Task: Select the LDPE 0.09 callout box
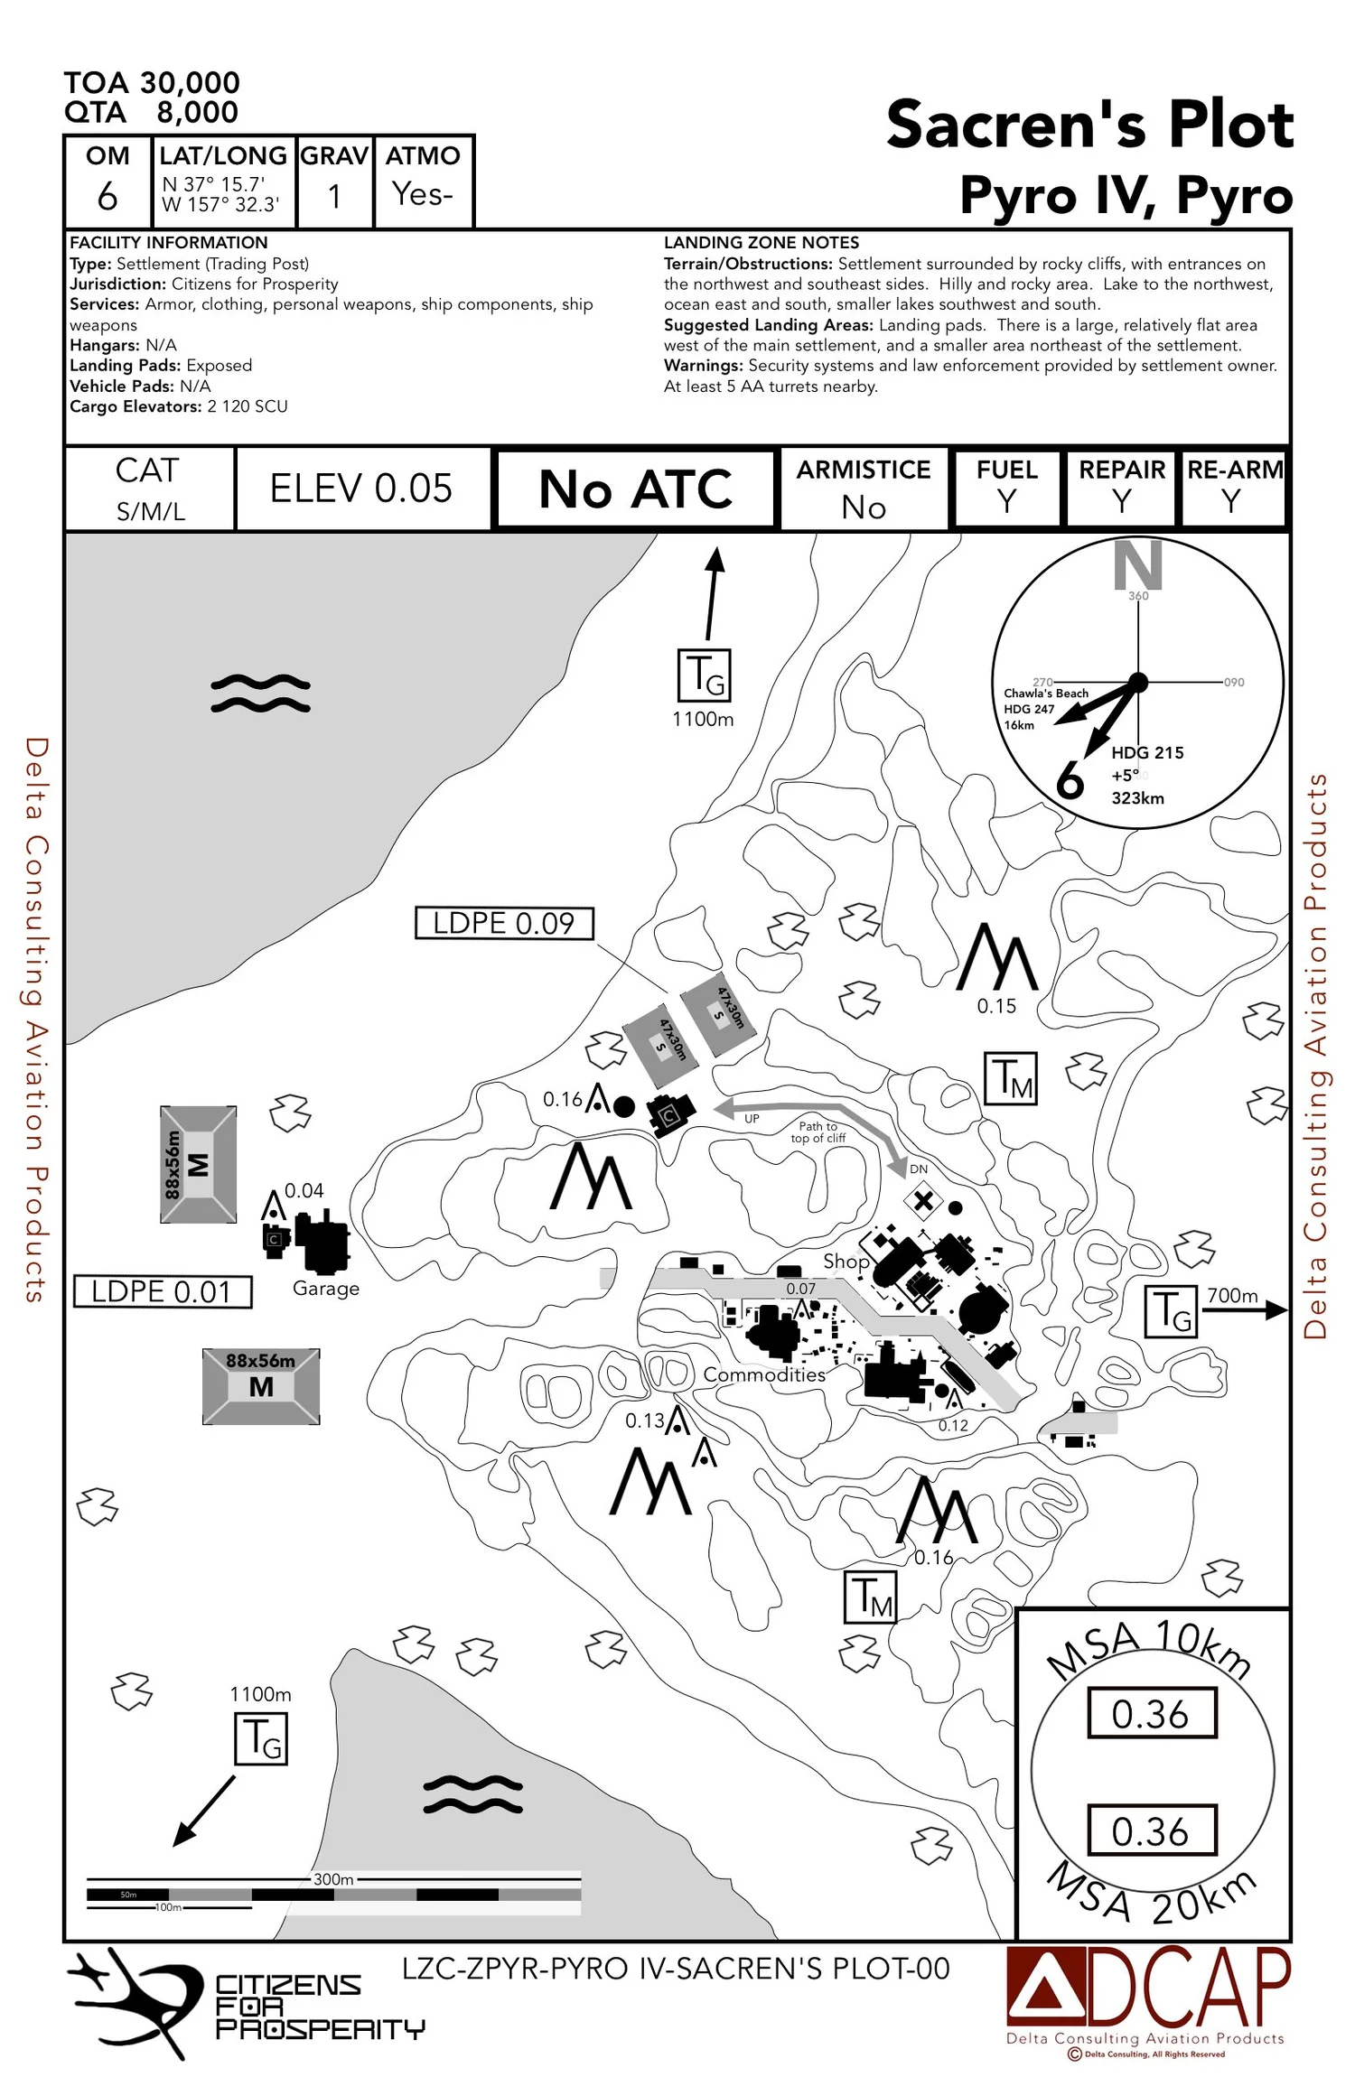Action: coord(504,923)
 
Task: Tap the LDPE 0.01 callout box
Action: coord(162,1291)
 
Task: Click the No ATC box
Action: coord(636,489)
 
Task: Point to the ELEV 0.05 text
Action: coord(361,489)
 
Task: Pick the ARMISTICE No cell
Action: coord(863,489)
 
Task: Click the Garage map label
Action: coord(326,1289)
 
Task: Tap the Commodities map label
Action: coord(764,1374)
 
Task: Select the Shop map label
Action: coord(846,1261)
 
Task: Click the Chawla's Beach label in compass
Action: coord(1046,694)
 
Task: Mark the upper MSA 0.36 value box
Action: coord(1151,1713)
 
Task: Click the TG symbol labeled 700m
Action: coord(1172,1311)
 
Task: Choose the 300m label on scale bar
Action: coord(333,1879)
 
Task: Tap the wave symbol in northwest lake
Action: coord(260,694)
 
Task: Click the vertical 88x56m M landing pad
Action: coord(199,1165)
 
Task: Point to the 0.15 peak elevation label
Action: coord(996,1006)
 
